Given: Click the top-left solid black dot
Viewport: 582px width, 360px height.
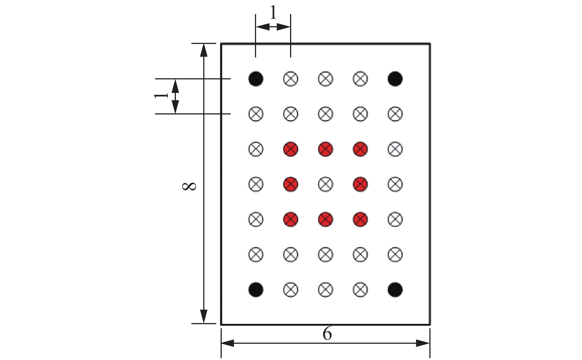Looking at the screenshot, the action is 256,79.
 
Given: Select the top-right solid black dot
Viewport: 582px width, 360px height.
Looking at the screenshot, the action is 395,79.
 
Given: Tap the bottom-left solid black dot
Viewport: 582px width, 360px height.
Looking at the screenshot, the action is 256,289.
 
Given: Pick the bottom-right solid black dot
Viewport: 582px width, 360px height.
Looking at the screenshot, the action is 395,289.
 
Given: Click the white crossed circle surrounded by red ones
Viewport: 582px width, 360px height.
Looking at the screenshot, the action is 326,184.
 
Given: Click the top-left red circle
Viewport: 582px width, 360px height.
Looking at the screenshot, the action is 290,149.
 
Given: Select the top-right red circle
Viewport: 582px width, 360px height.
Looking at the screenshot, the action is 360,149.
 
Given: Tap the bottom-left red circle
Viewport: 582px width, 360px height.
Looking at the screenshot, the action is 290,219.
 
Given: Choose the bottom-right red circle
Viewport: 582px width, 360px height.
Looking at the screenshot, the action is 360,219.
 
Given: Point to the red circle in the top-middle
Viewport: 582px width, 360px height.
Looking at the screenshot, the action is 326,149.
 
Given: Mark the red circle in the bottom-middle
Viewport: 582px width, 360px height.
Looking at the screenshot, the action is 326,219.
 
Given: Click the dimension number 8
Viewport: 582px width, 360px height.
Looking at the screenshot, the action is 190,186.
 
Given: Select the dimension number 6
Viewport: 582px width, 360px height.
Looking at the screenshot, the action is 327,334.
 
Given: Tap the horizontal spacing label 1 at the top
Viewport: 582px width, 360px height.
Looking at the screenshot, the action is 273,13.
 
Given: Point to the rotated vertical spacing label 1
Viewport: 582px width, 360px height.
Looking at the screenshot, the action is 161,96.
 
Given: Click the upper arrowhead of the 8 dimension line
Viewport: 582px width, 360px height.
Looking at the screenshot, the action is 203,50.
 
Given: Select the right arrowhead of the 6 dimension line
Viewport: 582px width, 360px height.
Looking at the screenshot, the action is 423,343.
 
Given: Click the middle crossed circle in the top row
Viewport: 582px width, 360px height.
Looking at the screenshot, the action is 326,79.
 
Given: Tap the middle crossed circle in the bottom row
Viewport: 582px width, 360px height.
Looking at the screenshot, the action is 326,289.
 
